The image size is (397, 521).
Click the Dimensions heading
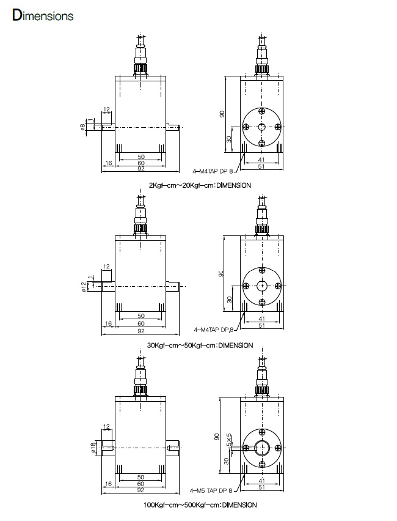[x=43, y=16]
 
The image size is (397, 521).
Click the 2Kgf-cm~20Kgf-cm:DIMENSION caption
[x=200, y=185]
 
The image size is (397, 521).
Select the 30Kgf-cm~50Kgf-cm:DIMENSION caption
[x=200, y=345]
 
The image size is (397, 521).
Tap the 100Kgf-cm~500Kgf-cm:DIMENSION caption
[x=200, y=505]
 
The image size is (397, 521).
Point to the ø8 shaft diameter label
[x=82, y=127]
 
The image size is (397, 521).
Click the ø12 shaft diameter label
[x=84, y=287]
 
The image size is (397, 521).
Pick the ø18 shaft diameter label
[x=93, y=448]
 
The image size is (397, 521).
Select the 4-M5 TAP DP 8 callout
[x=211, y=490]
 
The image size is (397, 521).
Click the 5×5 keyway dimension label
[x=228, y=439]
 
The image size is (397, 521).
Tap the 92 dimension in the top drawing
[x=140, y=169]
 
